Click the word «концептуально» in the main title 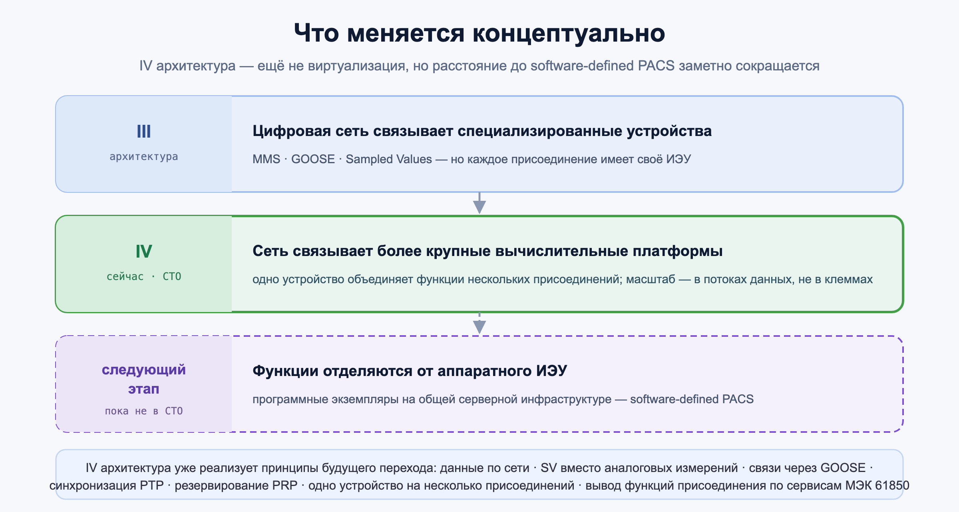pos(569,34)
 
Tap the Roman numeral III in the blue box pos(144,131)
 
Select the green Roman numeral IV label pos(144,251)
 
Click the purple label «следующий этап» pos(144,379)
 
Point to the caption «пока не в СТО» pos(144,411)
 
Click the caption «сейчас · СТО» pos(144,276)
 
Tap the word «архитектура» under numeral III pos(144,156)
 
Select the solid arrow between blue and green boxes pos(479,203)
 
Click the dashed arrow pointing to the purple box pos(479,323)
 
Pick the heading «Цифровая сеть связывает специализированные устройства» pos(482,131)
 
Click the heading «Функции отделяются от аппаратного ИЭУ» pos(410,371)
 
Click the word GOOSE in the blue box pos(313,159)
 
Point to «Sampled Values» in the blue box pos(389,159)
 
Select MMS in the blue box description pos(266,159)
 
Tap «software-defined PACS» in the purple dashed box pos(692,399)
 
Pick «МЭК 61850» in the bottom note pos(877,486)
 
